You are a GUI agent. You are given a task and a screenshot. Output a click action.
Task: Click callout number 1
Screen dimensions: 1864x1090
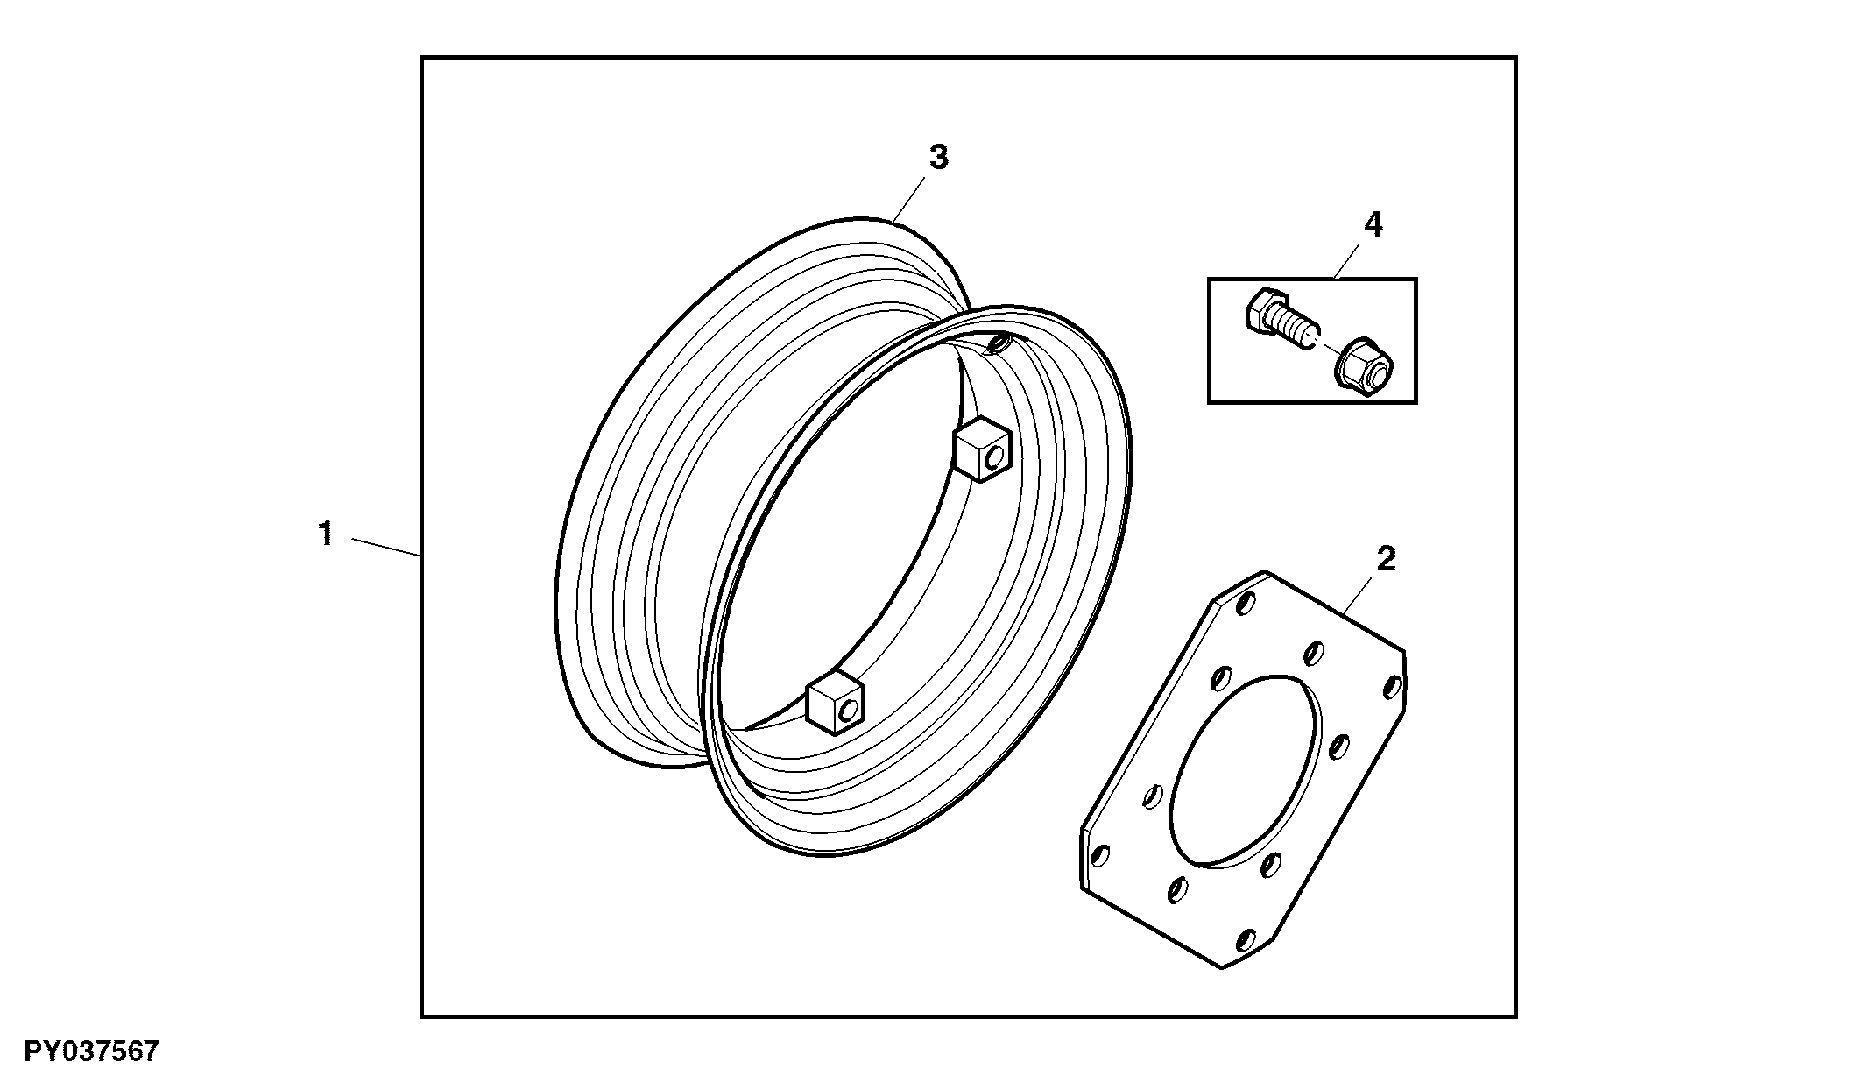click(326, 533)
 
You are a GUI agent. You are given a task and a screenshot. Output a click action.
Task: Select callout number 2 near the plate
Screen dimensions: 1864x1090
click(1386, 558)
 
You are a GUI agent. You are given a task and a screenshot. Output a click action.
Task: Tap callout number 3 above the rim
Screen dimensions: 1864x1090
click(938, 158)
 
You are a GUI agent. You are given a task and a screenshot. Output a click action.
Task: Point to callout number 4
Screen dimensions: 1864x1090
click(1373, 225)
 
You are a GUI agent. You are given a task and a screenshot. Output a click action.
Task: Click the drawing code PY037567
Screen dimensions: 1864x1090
click(91, 1051)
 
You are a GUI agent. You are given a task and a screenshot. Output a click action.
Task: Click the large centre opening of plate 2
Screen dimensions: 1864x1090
click(1243, 771)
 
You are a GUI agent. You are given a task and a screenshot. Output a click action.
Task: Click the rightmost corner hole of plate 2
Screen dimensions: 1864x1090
click(1391, 686)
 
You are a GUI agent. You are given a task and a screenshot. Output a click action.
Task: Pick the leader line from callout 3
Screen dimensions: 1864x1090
click(909, 199)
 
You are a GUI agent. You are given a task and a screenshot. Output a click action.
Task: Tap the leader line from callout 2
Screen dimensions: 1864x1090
click(1357, 594)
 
